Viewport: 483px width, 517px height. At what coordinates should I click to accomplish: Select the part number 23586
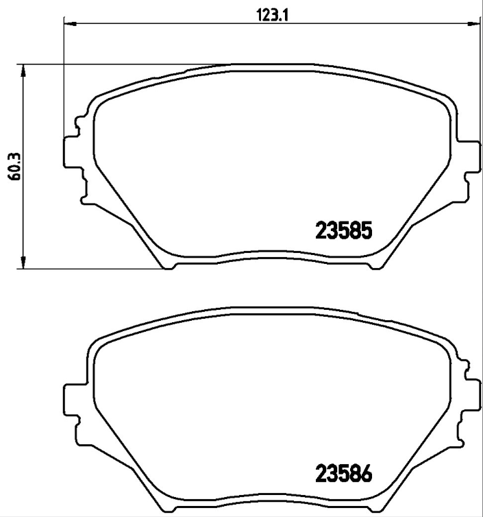pos(343,474)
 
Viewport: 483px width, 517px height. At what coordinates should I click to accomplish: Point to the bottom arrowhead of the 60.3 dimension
pos(24,263)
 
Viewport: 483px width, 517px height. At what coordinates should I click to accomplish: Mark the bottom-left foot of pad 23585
pos(167,263)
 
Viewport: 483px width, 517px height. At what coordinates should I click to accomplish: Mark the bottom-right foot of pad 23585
pos(375,263)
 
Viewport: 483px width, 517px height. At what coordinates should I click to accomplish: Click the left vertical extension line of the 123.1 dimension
pos(64,82)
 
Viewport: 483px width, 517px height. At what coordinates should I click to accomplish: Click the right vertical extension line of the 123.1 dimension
pos(479,82)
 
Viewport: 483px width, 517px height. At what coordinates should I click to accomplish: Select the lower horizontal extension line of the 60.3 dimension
pos(96,269)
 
